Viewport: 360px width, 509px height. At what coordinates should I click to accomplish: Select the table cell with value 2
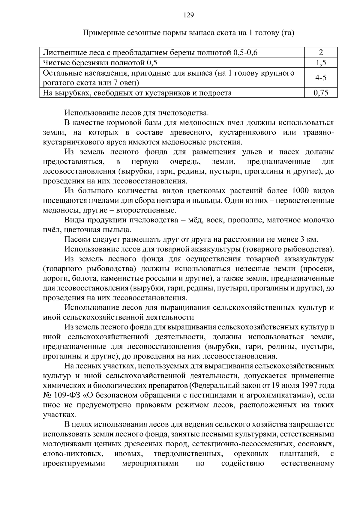click(321, 53)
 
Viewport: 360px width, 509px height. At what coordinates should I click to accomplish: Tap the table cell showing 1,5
click(321, 63)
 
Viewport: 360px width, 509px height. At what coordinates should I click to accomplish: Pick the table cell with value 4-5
click(321, 78)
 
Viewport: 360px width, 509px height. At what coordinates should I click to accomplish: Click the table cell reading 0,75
click(321, 93)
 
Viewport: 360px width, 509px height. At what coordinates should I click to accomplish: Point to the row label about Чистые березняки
click(100, 63)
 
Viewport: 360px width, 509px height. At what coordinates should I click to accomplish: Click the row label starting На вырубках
click(137, 93)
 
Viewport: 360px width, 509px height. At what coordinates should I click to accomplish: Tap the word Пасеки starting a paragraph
click(76, 240)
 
